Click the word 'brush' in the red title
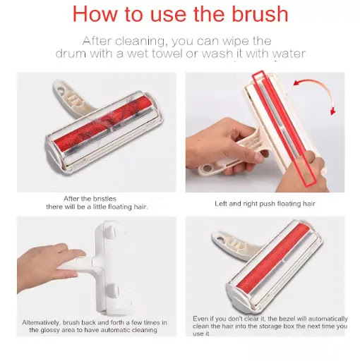click(260, 14)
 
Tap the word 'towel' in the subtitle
click(167, 54)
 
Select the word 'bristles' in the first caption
click(104, 199)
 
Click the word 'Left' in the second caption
click(221, 204)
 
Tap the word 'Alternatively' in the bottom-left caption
click(41, 322)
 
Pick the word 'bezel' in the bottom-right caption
click(287, 319)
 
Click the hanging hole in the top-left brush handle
click(61, 90)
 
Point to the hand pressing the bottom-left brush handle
click(49, 267)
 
